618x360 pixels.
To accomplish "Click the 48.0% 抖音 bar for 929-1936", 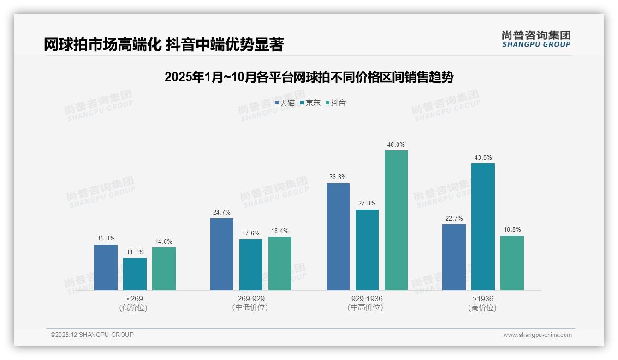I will point(396,221).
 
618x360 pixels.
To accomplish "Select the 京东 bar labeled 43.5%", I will point(483,227).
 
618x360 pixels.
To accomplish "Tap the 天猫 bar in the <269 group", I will point(106,267).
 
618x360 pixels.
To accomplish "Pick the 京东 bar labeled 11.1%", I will point(135,274).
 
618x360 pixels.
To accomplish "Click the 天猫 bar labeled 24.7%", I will point(222,254).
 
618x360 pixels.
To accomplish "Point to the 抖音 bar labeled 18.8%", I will point(512,263).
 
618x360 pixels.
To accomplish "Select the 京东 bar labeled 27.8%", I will point(367,250).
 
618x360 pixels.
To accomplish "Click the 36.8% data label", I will point(338,177).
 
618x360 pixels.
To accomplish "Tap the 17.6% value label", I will point(251,233).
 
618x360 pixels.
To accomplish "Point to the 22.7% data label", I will point(454,218).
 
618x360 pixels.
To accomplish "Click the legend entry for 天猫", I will point(285,103).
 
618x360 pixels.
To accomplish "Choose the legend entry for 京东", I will point(310,103).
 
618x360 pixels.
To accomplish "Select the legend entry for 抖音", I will point(336,103).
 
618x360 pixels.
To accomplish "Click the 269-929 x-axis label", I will point(251,299).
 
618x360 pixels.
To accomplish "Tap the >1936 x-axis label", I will point(483,299).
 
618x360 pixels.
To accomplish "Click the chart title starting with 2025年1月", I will point(309,77).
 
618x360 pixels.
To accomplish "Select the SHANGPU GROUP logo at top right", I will point(536,39).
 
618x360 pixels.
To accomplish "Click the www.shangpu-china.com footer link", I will point(537,335).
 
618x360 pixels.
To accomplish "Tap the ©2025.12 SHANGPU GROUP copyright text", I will point(92,335).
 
